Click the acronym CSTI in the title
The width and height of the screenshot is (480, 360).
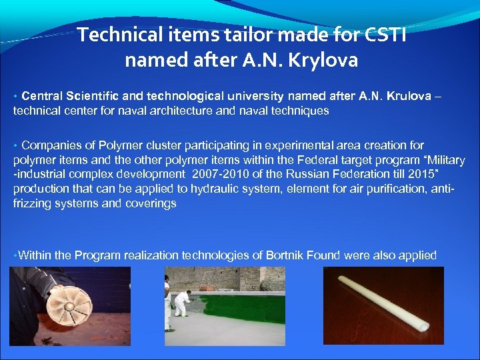[383, 35]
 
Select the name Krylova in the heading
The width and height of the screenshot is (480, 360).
[323, 61]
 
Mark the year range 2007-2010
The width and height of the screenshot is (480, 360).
[225, 174]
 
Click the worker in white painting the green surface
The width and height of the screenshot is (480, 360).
[180, 303]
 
